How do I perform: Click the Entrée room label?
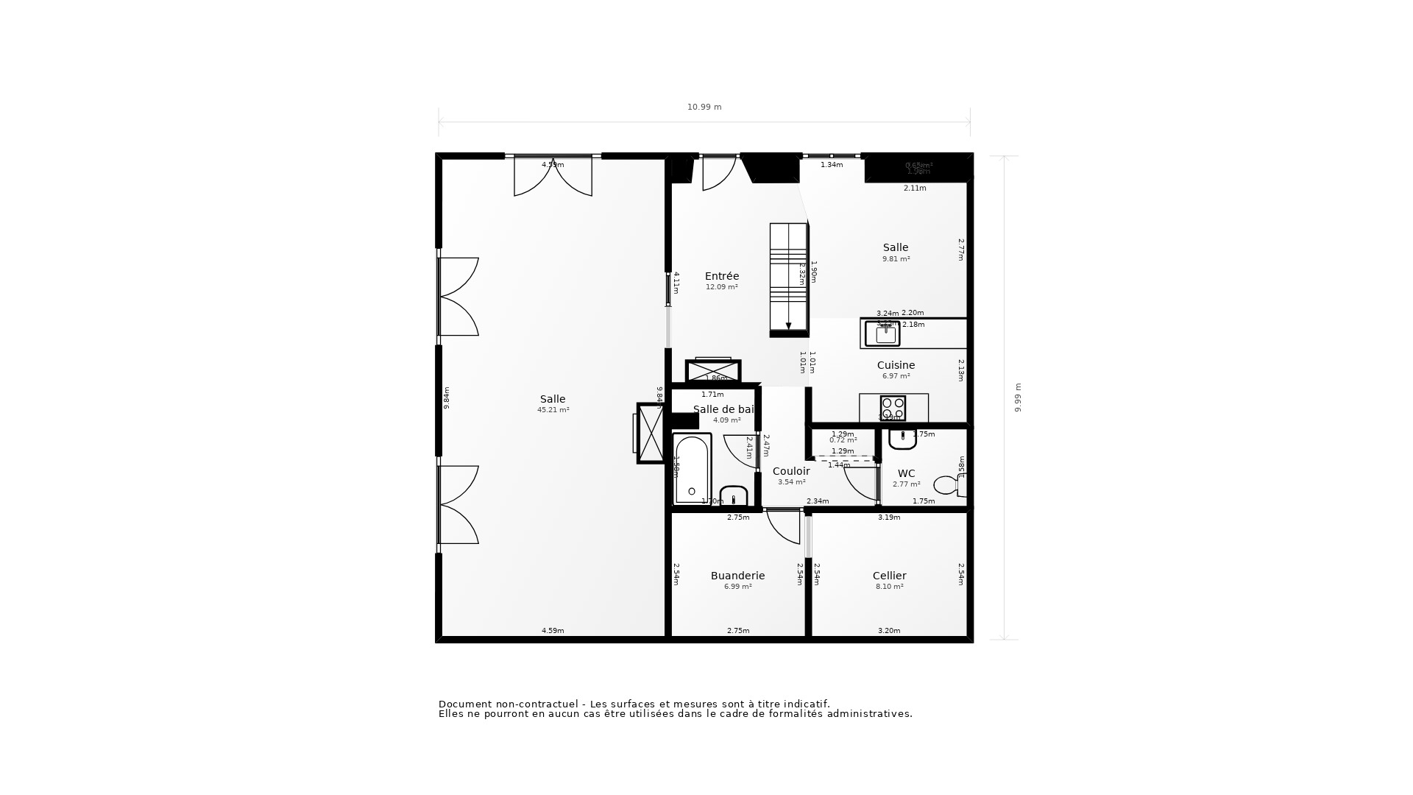click(x=721, y=276)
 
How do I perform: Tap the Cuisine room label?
click(x=896, y=365)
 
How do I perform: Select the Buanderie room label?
click(x=737, y=576)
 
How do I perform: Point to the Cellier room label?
click(x=889, y=576)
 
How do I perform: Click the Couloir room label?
click(x=791, y=471)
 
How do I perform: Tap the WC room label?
click(x=906, y=473)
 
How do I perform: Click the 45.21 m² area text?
click(x=553, y=410)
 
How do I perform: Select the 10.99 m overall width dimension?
click(x=704, y=107)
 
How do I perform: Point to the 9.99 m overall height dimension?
click(x=1018, y=397)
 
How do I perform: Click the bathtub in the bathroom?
click(x=692, y=469)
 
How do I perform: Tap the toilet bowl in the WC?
click(x=946, y=485)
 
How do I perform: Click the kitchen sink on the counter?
click(x=882, y=334)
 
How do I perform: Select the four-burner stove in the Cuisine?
click(x=893, y=407)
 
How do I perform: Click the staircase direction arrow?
click(x=788, y=325)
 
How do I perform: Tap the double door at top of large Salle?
click(x=553, y=177)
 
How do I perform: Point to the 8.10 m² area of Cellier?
click(x=889, y=587)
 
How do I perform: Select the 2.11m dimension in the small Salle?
click(x=915, y=188)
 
